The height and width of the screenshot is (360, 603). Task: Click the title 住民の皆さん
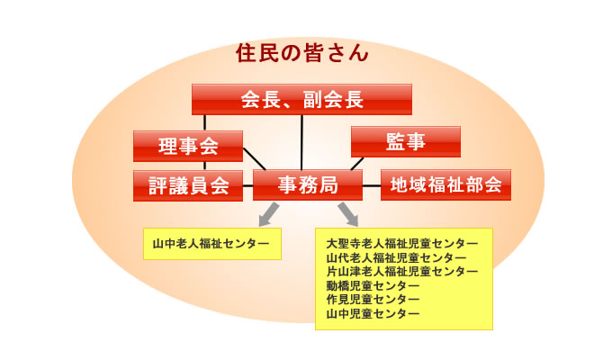point(301,53)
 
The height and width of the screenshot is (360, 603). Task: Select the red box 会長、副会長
point(301,100)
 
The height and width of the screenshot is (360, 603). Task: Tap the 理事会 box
point(188,146)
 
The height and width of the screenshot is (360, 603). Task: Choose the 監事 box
point(406,141)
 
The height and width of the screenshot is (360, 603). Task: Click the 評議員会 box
point(188,185)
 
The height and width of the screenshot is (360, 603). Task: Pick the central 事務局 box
point(308,185)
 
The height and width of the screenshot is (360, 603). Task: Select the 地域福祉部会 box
point(445,185)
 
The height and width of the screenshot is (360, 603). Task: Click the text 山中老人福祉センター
point(211,244)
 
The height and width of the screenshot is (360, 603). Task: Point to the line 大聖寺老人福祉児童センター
point(402,244)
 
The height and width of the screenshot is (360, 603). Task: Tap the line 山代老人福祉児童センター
point(396,257)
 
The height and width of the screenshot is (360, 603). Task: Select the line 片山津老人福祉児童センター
point(402,272)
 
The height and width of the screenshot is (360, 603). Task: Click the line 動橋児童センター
point(373,285)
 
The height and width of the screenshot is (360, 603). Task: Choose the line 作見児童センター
point(373,299)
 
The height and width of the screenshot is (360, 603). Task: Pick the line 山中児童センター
point(373,313)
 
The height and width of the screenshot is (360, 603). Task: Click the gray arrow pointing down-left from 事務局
point(269,214)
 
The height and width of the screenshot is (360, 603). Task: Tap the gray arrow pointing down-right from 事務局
point(348,214)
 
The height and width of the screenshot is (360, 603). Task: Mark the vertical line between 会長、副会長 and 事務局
point(301,142)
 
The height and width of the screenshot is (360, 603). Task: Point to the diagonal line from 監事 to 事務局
point(357,164)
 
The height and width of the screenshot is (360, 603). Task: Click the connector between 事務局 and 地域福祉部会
point(372,185)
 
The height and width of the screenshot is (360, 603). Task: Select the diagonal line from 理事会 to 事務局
point(254,158)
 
